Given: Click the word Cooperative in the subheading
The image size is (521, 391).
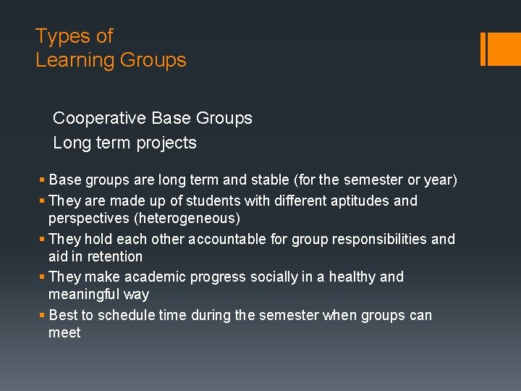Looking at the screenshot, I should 100,118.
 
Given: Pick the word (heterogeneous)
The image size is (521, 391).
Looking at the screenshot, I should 144,218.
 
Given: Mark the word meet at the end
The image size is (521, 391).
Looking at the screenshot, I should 64,333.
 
